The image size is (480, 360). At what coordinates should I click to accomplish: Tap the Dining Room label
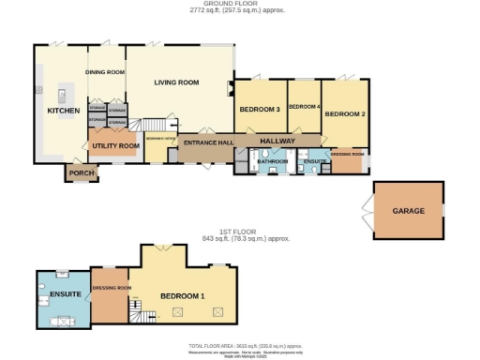pyautogui.click(x=105, y=71)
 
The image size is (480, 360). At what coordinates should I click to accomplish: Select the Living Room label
pyautogui.click(x=177, y=82)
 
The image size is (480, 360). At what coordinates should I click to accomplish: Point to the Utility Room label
pyautogui.click(x=114, y=146)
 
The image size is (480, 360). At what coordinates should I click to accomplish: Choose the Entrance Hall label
pyautogui.click(x=208, y=142)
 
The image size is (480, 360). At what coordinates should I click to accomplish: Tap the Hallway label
pyautogui.click(x=277, y=141)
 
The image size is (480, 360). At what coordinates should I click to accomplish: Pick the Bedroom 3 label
pyautogui.click(x=259, y=110)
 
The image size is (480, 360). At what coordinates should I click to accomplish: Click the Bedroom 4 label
pyautogui.click(x=305, y=107)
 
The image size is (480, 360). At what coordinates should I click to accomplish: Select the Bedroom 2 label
pyautogui.click(x=344, y=113)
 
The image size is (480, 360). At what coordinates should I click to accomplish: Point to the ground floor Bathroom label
pyautogui.click(x=273, y=162)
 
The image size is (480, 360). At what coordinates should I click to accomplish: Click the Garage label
pyautogui.click(x=409, y=211)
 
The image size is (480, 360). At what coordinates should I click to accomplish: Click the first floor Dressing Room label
pyautogui.click(x=111, y=288)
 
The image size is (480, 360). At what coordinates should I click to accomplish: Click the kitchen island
pyautogui.click(x=62, y=94)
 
